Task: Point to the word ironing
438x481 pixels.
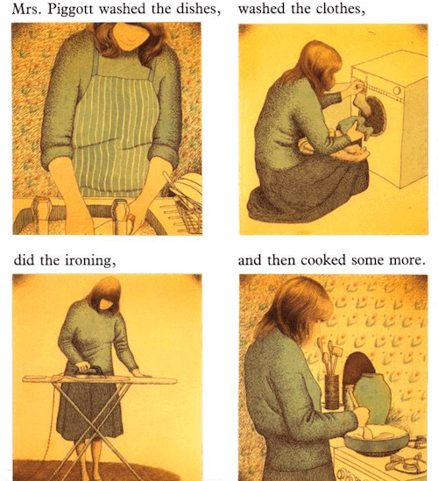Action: (90, 261)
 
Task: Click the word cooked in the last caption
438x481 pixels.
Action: (323, 260)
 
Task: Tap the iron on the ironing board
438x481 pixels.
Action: (89, 371)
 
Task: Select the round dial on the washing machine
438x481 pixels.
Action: (397, 90)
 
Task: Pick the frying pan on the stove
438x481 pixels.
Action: (377, 440)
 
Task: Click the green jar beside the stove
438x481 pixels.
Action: (372, 398)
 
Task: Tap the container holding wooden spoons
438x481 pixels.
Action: (332, 392)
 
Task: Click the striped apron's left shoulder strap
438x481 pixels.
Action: (96, 63)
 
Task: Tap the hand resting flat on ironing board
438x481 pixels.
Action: (140, 374)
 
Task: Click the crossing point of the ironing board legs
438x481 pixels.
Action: (94, 431)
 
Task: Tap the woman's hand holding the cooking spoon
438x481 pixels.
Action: (363, 415)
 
